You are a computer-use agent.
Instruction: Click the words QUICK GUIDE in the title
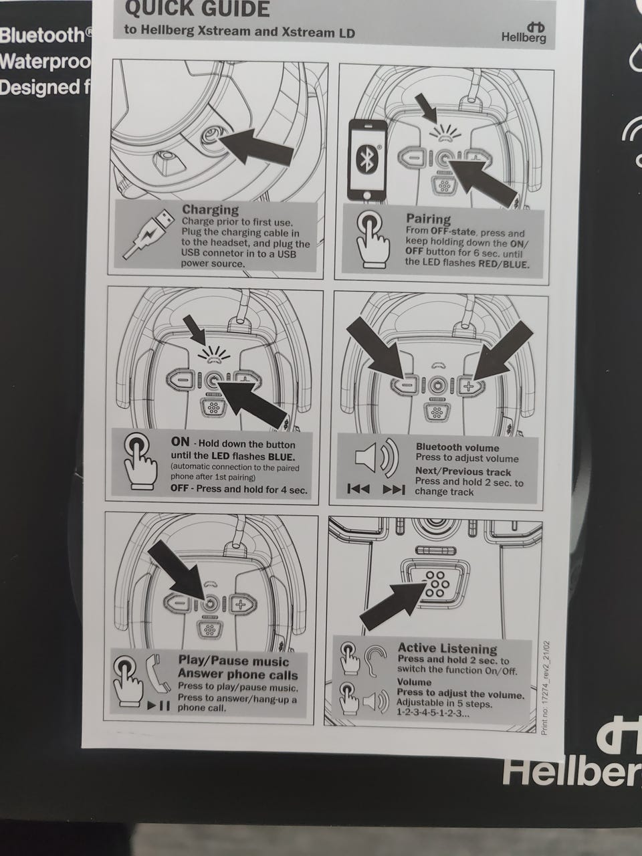[x=197, y=9]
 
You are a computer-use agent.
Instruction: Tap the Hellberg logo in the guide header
[x=524, y=32]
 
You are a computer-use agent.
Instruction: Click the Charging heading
[x=211, y=209]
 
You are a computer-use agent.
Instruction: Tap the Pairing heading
[x=429, y=219]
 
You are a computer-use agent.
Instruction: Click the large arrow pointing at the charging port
[x=255, y=146]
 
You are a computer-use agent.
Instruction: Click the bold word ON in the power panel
[x=180, y=442]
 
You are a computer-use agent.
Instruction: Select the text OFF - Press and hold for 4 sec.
[x=239, y=490]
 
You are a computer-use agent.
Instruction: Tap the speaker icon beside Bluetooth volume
[x=377, y=458]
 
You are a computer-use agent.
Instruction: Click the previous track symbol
[x=358, y=488]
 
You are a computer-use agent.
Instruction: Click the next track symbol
[x=394, y=489]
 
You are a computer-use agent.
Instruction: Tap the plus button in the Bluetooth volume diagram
[x=469, y=386]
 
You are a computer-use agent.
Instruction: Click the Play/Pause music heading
[x=233, y=661]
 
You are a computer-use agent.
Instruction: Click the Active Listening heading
[x=447, y=649]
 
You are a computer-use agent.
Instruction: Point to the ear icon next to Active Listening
[x=374, y=661]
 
